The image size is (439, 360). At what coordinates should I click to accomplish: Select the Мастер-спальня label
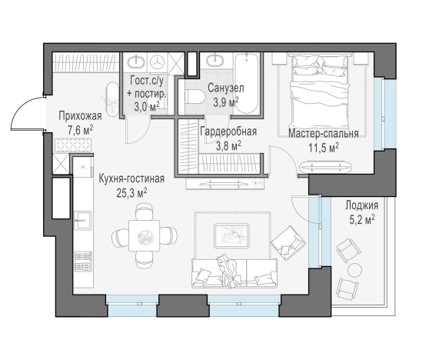point(323,133)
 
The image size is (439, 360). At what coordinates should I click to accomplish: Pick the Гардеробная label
point(228,132)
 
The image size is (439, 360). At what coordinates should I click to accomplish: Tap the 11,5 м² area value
point(323,147)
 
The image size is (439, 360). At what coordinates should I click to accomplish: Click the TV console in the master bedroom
point(328,164)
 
